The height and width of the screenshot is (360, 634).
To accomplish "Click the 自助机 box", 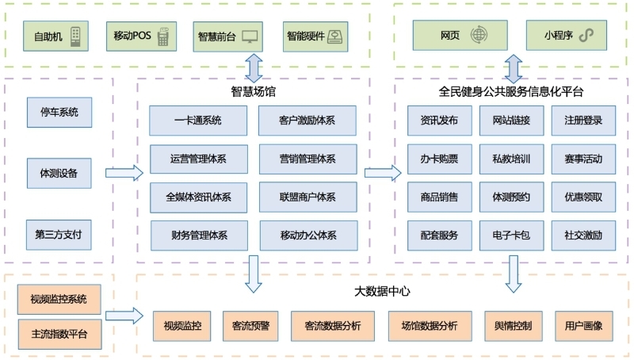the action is coord(55,36).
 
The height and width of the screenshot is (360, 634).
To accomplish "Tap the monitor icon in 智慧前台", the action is coord(250,36).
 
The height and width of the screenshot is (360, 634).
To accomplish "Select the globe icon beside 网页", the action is coord(479,35).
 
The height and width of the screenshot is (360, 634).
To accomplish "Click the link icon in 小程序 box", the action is coord(586,35).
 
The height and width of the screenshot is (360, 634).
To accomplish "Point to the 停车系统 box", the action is coord(59,113).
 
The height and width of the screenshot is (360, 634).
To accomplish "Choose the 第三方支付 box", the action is coord(59,235).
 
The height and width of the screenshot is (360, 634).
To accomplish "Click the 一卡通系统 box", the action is coord(198,121).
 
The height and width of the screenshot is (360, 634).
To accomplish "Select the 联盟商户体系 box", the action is coord(308,197).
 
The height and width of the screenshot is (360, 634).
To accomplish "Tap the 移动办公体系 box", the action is coord(308,236).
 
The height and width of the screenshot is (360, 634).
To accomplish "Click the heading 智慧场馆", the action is coord(253,91).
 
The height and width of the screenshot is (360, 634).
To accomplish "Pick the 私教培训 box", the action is coord(511,159).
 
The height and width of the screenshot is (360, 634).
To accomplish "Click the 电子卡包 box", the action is coord(511,236).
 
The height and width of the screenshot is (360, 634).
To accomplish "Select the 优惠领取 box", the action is coord(583,197).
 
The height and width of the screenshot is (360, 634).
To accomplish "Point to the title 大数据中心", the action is coord(382,291).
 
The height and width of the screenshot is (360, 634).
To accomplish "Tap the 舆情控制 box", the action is coord(513,326).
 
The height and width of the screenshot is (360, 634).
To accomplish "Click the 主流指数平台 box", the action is coord(60,335).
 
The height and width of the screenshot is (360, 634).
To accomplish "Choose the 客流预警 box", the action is coord(250,326).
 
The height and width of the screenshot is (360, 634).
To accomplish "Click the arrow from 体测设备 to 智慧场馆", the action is coord(124,173).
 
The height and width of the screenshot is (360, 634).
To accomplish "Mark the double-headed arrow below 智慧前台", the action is coord(254,68).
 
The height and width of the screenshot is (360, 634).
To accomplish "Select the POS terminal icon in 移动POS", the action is coord(163,36).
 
